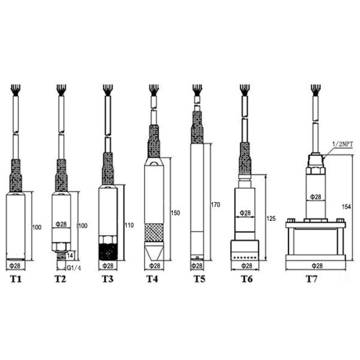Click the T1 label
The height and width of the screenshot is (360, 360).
coord(16,279)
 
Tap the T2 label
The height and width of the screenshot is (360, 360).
coord(60,279)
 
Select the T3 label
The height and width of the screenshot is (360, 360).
coord(107,279)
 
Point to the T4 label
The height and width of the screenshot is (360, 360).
coord(154,279)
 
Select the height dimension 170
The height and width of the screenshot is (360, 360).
coord(216,205)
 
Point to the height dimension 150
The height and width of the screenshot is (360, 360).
coord(176,212)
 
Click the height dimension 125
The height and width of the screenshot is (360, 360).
coord(271,219)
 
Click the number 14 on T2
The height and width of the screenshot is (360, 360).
coord(70,256)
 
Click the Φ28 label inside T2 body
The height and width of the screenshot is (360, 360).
coord(62,224)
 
